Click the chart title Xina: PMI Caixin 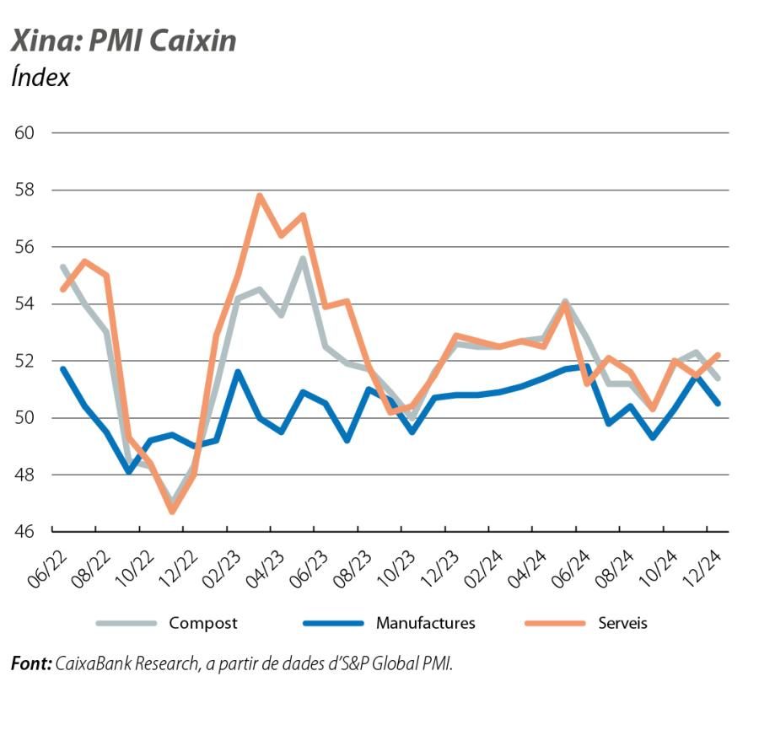(x=123, y=40)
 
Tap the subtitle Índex (x=40, y=78)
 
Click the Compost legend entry (x=202, y=623)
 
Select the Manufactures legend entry (x=425, y=623)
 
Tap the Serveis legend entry (x=622, y=623)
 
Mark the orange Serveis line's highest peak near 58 (x=259, y=196)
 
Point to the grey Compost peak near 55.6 (x=302, y=258)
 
